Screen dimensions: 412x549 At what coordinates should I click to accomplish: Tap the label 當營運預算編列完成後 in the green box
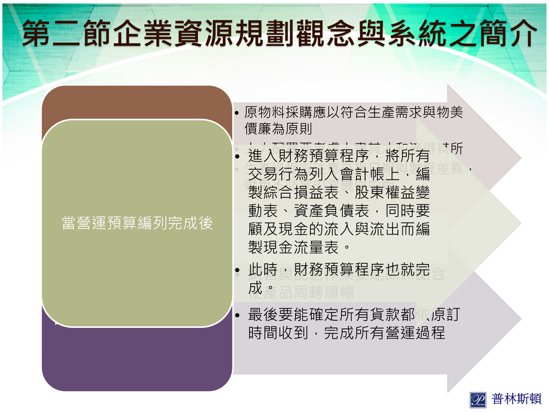pos(137,223)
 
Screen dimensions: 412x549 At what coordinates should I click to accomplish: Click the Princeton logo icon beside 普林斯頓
pos(478,400)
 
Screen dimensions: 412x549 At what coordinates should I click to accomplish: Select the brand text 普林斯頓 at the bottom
pos(516,399)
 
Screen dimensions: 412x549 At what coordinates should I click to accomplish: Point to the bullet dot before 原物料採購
pos(236,113)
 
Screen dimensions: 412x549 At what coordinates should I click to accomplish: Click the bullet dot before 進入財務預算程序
pos(237,157)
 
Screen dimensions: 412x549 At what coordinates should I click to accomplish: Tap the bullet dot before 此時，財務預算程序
pos(237,270)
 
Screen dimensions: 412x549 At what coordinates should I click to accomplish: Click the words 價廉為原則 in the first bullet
pos(278,129)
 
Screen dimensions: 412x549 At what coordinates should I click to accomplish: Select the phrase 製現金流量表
pos(293,247)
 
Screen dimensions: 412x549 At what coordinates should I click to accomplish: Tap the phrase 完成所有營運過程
pos(384,333)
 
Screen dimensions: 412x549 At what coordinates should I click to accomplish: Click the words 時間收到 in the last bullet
pos(278,333)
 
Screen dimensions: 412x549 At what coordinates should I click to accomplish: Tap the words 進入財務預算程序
pos(309,156)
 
